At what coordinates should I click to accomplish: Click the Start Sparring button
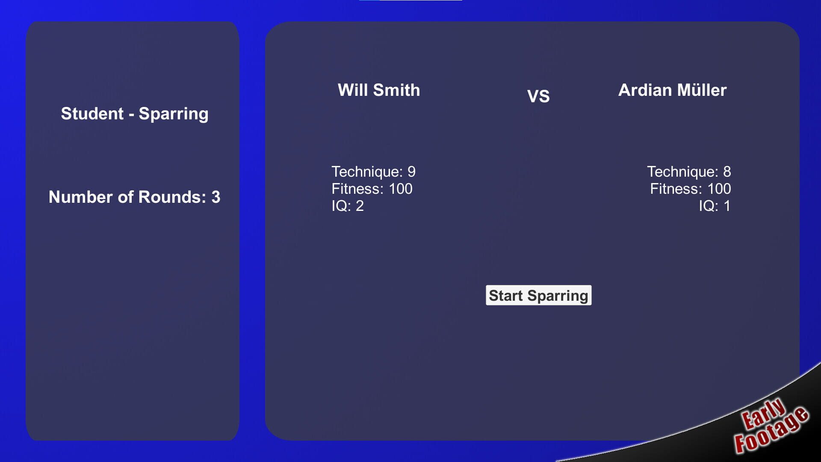538,295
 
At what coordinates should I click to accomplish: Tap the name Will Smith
379,90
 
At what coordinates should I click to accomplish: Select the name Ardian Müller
672,90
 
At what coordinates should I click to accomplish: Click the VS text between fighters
538,96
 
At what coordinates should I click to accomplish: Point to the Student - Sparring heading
135,114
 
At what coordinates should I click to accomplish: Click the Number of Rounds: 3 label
135,197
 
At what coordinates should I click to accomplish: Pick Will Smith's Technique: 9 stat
374,172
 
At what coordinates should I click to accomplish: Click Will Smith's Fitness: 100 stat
372,189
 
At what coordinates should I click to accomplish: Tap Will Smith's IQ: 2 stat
348,206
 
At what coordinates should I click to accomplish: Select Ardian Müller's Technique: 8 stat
689,172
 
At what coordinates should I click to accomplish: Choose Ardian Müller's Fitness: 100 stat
691,189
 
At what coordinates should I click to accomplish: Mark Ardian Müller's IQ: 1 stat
715,206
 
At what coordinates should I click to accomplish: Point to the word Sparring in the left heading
174,114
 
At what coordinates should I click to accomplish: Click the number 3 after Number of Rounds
216,197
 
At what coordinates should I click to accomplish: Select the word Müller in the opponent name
702,90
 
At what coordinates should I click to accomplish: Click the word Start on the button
506,295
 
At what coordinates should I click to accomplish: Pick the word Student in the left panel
92,113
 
